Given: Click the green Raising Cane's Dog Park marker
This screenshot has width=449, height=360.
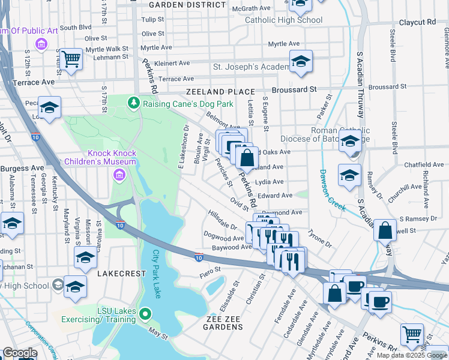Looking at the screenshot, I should pyautogui.click(x=133, y=103).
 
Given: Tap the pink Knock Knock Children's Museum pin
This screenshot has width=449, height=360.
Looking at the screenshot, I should pyautogui.click(x=119, y=175).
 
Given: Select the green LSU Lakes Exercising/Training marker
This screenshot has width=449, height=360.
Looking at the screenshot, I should pyautogui.click(x=145, y=314).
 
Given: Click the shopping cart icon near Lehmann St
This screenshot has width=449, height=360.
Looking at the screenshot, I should pyautogui.click(x=71, y=59).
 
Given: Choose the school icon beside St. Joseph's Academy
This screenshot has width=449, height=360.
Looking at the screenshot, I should pyautogui.click(x=300, y=61).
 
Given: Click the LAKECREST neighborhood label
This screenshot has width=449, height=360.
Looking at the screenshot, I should pyautogui.click(x=121, y=273).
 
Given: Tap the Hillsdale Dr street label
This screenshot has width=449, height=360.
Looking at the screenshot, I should pyautogui.click(x=222, y=220).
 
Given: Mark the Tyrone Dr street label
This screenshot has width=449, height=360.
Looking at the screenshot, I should pyautogui.click(x=319, y=238).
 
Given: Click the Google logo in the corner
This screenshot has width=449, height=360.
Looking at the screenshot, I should pyautogui.click(x=19, y=353).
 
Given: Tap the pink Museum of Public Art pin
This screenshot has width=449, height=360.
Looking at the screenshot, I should pyautogui.click(x=41, y=44).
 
